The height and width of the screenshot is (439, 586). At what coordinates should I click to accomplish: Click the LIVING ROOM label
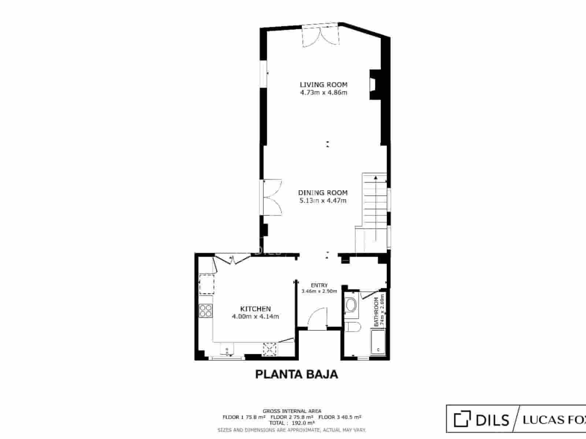pyautogui.click(x=323, y=85)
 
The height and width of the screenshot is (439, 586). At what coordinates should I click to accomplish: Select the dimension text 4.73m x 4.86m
pyautogui.click(x=323, y=93)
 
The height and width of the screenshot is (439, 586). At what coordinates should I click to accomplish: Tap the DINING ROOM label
pyautogui.click(x=323, y=192)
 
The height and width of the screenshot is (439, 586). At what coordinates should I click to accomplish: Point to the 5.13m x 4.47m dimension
pyautogui.click(x=323, y=200)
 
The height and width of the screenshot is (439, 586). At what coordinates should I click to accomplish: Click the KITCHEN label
pyautogui.click(x=255, y=309)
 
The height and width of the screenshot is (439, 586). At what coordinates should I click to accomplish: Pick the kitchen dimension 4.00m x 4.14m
pyautogui.click(x=255, y=316)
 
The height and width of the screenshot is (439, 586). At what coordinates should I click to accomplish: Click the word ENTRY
pyautogui.click(x=319, y=285)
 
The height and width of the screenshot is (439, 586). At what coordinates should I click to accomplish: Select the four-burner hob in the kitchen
pyautogui.click(x=206, y=311)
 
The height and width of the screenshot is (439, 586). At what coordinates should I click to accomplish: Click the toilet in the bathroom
pyautogui.click(x=352, y=327)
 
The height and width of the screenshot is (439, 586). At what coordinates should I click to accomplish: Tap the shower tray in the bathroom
pyautogui.click(x=378, y=342)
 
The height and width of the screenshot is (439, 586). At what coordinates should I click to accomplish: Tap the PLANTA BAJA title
pyautogui.click(x=296, y=374)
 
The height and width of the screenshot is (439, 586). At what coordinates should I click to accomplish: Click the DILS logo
pyautogui.click(x=482, y=419)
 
